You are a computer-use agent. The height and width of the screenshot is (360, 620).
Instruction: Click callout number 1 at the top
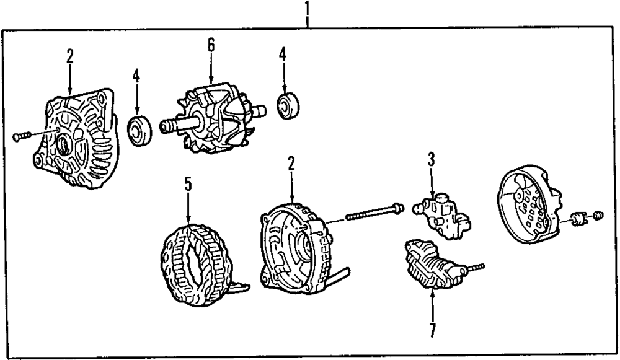tap(307, 9)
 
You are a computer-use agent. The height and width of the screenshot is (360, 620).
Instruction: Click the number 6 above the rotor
tap(211, 45)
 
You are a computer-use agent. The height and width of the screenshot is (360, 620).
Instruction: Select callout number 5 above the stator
tap(188, 184)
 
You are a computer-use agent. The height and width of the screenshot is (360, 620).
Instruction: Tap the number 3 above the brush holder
tap(431, 159)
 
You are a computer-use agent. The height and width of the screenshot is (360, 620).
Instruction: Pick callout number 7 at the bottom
tap(432, 329)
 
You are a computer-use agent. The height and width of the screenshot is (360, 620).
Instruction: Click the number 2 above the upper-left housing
tap(70, 56)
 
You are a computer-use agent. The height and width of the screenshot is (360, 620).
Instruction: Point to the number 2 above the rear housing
tap(291, 164)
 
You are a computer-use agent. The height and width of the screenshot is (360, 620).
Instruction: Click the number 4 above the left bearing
tap(136, 76)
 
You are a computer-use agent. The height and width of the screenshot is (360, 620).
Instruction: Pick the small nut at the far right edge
tap(598, 216)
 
